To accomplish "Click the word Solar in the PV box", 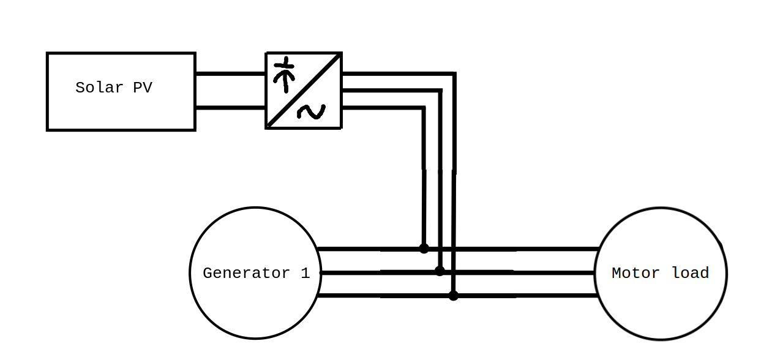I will pos(99,88).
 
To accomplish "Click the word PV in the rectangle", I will pos(143,88).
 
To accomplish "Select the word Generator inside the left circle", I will pos(246,273).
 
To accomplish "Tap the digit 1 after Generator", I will pos(305,273).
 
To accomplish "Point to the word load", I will pos(691,273).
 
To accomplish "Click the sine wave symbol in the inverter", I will pos(312,111).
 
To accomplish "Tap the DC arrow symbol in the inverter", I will pos(284,74).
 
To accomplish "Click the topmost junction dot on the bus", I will pos(424,249).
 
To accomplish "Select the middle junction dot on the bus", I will pos(440,271).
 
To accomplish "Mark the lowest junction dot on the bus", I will pos(454,296).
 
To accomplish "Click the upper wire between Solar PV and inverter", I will pos(230,74).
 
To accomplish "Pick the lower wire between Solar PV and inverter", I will pos(230,108).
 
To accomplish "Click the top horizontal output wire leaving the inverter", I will pos(398,74).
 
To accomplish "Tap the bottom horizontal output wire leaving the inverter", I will pos(383,108).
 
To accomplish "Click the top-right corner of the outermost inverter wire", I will pos(454,75).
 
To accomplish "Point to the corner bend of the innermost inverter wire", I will pos(424,108).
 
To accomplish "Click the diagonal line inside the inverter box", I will pos(304,91).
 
